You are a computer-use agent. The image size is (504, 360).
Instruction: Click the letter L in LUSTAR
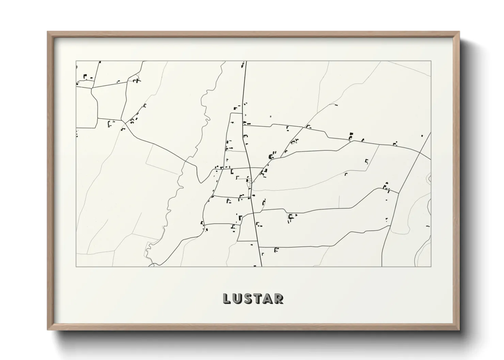227,298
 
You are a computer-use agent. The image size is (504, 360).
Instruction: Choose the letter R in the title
279,298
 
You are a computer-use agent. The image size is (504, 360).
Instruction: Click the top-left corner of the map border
76,61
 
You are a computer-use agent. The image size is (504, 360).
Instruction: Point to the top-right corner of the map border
431,61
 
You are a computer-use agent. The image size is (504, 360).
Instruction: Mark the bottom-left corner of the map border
76,267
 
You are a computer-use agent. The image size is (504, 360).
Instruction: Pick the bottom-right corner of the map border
431,267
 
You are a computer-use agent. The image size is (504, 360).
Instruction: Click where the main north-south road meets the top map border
246,61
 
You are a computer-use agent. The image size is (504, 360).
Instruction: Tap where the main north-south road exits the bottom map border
261,267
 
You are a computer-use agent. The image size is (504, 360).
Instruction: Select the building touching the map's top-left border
100,62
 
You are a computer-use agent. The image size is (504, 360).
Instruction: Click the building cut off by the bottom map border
255,266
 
